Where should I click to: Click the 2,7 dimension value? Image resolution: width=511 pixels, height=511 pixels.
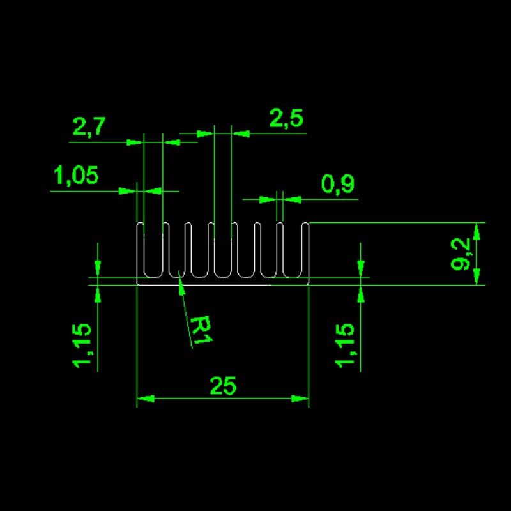(x=89, y=126)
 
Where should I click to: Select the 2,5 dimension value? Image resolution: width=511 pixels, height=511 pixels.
(x=286, y=118)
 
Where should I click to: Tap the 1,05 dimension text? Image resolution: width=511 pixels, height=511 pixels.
(x=75, y=175)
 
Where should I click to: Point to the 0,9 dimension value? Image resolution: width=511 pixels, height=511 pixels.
(x=338, y=183)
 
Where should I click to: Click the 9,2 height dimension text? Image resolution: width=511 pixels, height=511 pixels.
(x=460, y=254)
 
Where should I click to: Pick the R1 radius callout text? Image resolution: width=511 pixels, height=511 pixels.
(x=200, y=330)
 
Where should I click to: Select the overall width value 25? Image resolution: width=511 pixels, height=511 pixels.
(x=223, y=386)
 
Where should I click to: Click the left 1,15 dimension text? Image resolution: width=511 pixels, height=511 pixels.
(x=82, y=346)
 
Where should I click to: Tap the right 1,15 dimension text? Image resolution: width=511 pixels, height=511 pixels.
(x=344, y=346)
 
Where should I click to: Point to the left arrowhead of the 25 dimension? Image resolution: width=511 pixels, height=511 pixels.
(x=145, y=398)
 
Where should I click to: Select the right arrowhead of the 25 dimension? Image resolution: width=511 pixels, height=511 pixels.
(x=300, y=398)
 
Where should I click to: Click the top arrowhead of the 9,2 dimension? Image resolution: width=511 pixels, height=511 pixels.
(x=477, y=231)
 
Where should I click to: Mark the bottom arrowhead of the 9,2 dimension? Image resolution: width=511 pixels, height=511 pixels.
(x=477, y=277)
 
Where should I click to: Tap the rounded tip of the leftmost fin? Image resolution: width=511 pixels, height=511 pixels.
(x=140, y=224)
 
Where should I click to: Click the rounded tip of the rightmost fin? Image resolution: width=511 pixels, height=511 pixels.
(x=305, y=224)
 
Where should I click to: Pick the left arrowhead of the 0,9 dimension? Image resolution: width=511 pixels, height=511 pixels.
(x=268, y=199)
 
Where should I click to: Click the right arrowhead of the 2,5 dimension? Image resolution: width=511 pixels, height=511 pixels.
(x=241, y=133)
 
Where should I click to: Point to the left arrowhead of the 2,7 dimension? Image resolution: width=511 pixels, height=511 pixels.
(x=135, y=142)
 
